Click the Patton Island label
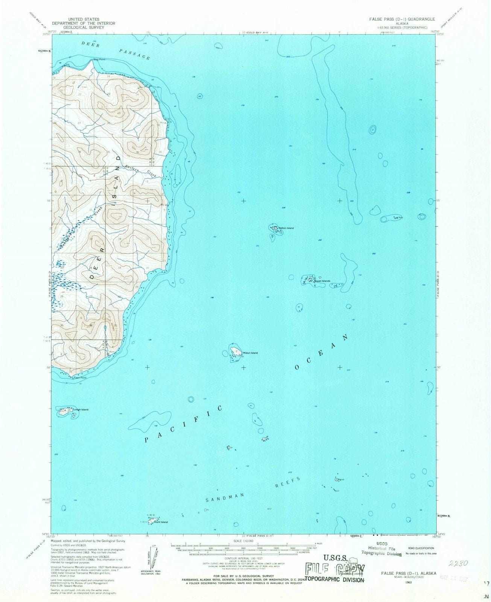point(286,228)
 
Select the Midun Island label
point(250,353)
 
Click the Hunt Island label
point(161,522)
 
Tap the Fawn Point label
point(80,377)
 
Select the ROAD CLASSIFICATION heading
point(420,548)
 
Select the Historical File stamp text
point(382,549)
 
